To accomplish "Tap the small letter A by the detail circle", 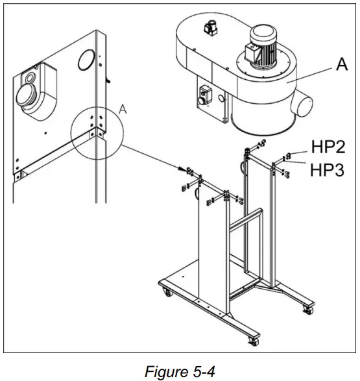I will (123, 110).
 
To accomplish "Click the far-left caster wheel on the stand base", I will (169, 294).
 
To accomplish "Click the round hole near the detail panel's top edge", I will (85, 62).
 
